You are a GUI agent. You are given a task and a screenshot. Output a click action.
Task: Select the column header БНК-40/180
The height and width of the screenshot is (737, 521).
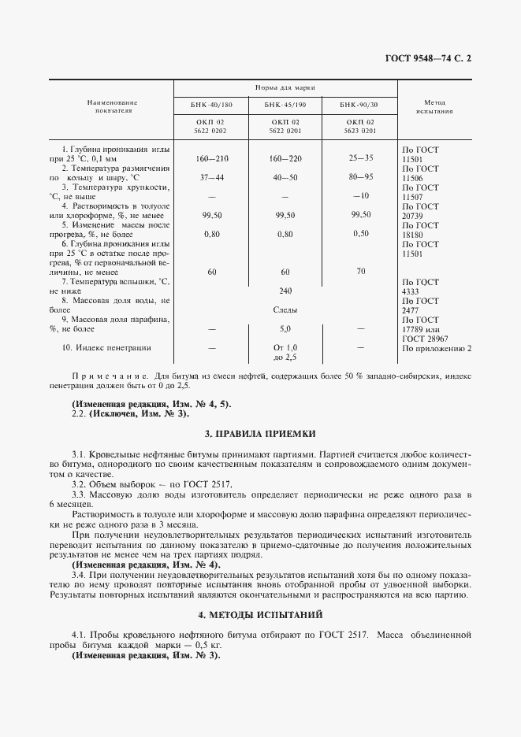tap(210, 104)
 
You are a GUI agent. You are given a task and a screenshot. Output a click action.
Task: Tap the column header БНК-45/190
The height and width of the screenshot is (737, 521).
tap(285, 104)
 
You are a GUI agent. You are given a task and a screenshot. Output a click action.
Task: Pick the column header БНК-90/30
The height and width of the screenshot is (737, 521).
tap(359, 104)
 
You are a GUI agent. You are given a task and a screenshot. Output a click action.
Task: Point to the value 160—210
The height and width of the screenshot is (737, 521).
tap(210, 158)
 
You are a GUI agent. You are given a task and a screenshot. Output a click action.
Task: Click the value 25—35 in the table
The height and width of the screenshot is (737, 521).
tap(360, 157)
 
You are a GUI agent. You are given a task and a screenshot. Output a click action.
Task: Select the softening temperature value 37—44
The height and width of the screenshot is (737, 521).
tap(211, 177)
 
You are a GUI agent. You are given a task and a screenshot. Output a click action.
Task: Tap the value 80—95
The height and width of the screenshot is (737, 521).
tap(360, 176)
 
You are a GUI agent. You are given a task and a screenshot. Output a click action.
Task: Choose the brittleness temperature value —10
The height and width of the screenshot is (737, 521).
tap(360, 195)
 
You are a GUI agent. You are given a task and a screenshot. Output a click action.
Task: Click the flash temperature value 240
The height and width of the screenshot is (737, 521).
tap(285, 290)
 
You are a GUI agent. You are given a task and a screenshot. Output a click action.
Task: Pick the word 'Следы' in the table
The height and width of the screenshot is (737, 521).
tap(285, 309)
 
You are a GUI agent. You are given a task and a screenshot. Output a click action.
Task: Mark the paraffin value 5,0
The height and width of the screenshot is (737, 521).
tap(285, 328)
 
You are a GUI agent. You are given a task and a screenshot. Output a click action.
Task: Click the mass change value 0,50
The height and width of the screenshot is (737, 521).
tap(360, 233)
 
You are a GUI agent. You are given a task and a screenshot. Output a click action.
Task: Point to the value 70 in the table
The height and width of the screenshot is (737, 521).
tap(360, 271)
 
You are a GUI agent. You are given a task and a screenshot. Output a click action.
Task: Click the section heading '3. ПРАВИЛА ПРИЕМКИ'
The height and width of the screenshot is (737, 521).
tap(260, 432)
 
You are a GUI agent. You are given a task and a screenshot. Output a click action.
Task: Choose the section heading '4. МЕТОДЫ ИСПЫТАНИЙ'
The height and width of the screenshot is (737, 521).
tap(260, 614)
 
